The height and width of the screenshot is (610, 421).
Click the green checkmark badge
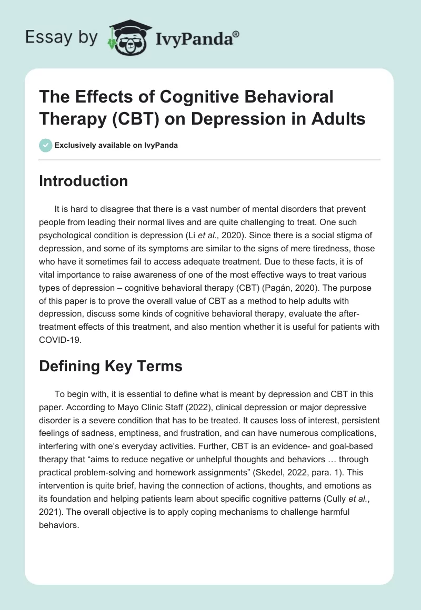(x=45, y=145)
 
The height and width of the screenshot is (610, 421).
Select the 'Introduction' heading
(x=84, y=181)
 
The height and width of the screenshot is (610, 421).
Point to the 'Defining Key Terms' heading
(x=111, y=366)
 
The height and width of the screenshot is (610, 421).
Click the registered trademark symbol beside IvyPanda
(x=236, y=34)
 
